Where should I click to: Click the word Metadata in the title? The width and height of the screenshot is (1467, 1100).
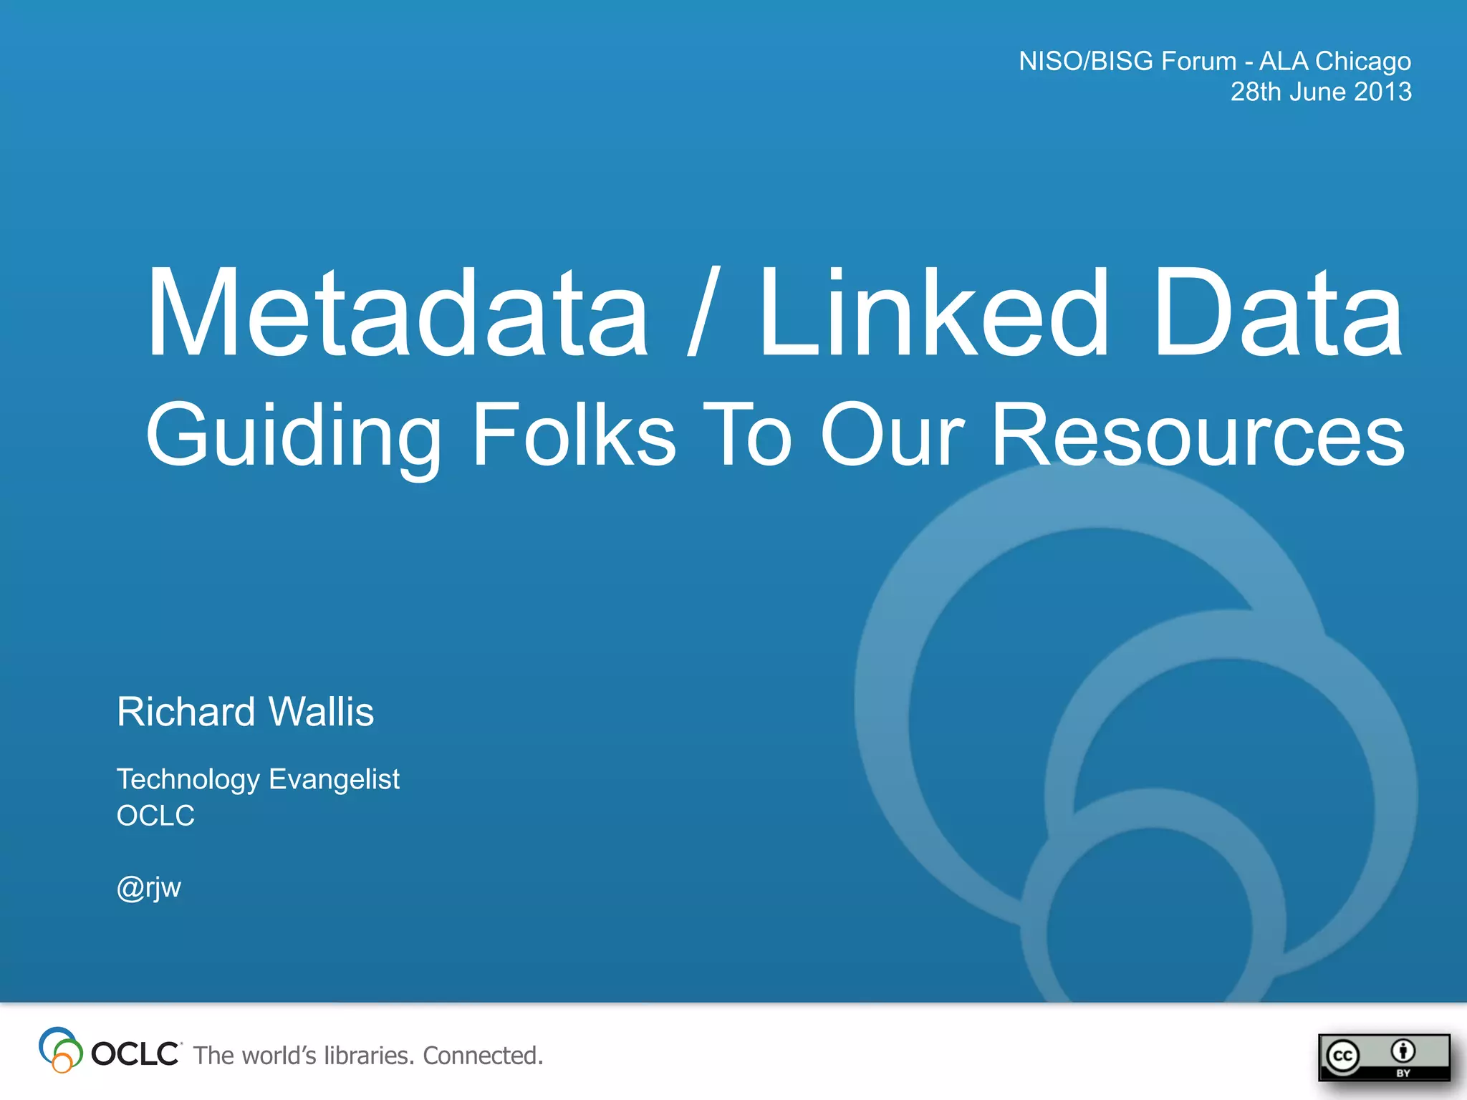tap(398, 312)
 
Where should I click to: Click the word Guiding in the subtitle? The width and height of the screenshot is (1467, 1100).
tap(294, 435)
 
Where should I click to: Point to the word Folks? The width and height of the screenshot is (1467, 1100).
tap(574, 434)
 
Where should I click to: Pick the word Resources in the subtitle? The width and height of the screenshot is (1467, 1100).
tap(1198, 434)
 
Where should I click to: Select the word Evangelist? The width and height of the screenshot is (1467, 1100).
tap(334, 779)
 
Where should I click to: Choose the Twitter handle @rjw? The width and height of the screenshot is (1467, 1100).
tap(149, 887)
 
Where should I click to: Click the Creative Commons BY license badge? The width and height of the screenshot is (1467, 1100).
tap(1383, 1057)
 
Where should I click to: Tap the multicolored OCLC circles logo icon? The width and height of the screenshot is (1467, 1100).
tap(60, 1050)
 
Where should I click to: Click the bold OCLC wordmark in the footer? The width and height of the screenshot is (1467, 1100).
tap(135, 1054)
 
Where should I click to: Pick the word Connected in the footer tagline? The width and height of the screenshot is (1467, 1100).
tap(482, 1056)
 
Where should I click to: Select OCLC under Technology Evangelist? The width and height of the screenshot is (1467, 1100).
tap(155, 816)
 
